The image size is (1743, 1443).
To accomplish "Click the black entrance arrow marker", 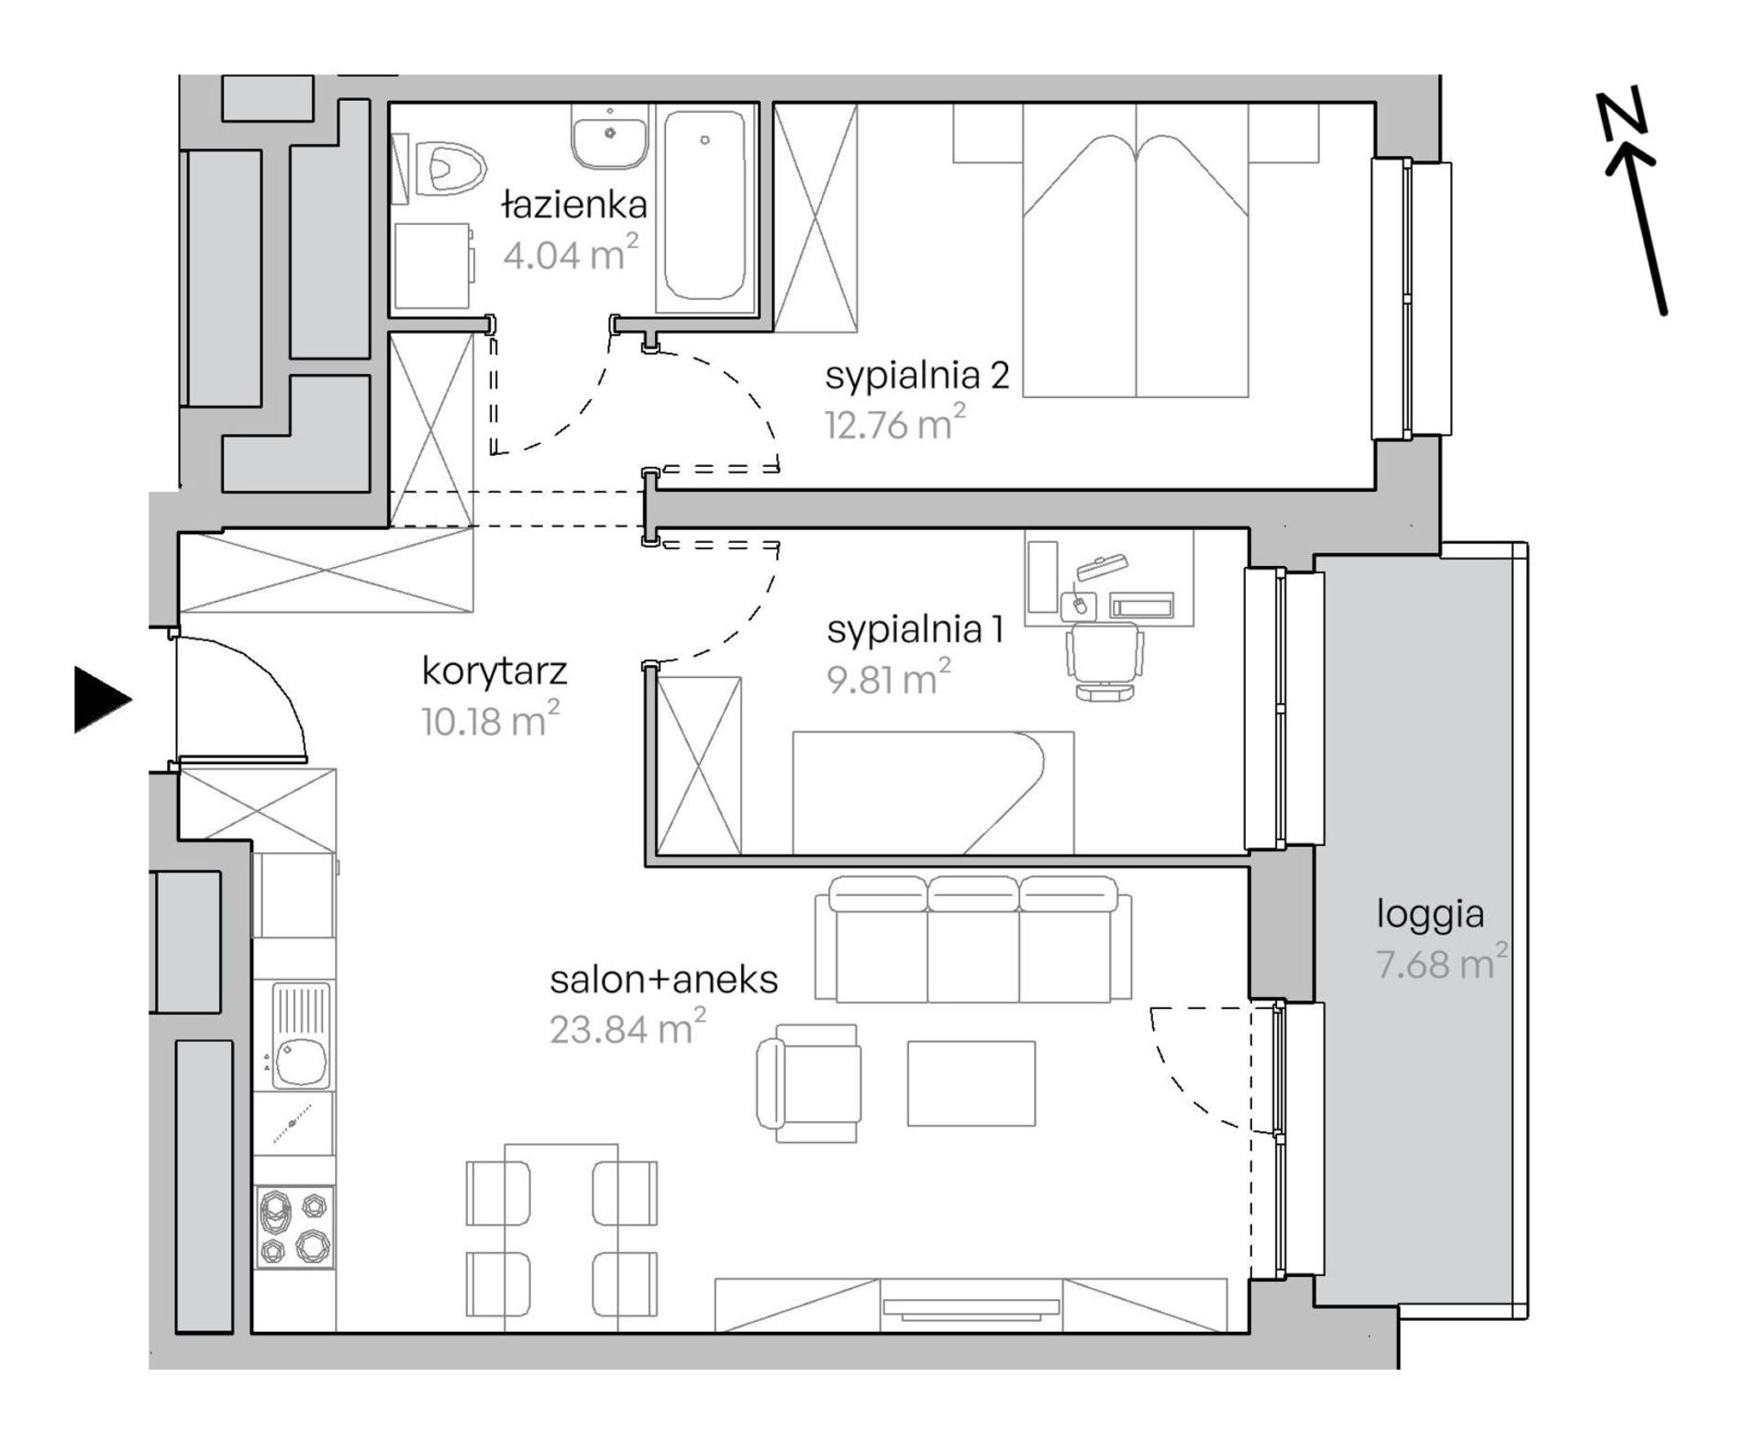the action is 102,700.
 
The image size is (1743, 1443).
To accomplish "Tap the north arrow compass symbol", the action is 1634,203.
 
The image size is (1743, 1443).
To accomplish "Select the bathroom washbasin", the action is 611,135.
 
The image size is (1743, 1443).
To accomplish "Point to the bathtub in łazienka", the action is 704,205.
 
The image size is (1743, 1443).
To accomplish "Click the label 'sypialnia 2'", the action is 917,376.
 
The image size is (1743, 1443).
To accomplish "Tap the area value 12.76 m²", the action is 894,425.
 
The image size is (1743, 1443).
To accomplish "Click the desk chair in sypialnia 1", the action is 1105,660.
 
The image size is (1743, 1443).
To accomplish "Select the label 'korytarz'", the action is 494,672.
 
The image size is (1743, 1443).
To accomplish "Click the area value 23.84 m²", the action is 627,1027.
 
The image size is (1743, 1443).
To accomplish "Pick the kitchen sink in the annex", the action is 301,1036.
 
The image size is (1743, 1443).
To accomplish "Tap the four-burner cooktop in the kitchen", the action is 294,1227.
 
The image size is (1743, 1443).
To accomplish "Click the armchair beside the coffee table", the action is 808,1083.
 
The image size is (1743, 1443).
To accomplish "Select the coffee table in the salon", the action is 971,1082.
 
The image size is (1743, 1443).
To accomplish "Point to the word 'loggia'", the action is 1430,915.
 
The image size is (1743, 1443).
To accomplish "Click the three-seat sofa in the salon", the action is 973,938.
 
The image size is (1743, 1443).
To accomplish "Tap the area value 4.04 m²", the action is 570,252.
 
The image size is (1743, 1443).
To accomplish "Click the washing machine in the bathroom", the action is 434,265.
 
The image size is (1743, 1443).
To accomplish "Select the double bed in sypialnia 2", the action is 1136,250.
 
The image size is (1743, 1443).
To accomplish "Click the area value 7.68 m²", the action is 1441,963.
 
